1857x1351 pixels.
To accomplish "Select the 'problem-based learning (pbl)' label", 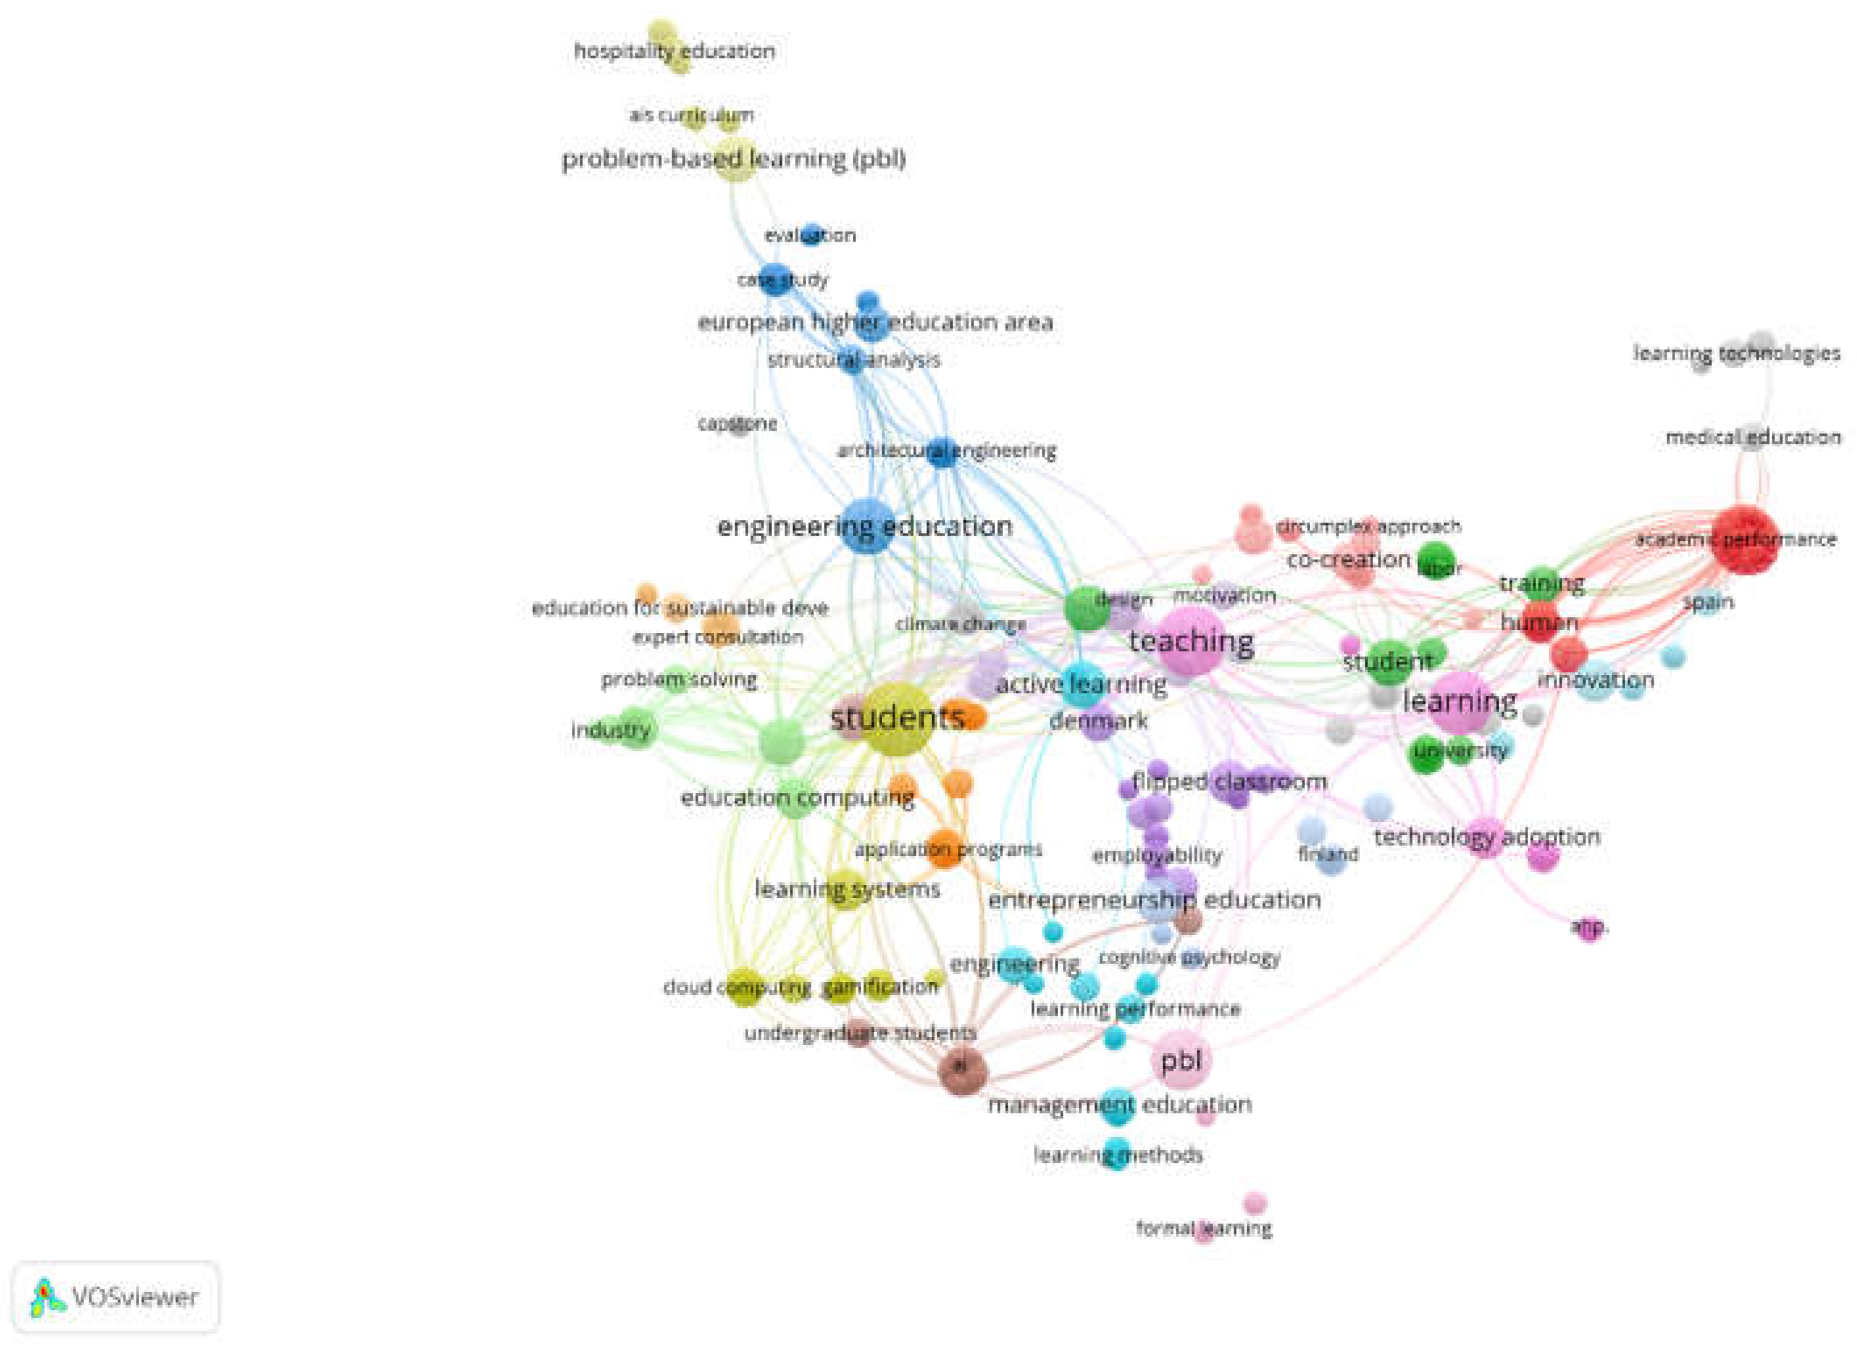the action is click(x=734, y=159).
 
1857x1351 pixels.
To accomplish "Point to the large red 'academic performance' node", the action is click(x=1745, y=540).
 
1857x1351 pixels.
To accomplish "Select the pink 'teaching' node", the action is click(x=1189, y=642).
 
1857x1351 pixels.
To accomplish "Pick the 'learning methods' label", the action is click(x=1118, y=1155).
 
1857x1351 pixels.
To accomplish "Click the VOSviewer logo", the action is click(x=116, y=1296).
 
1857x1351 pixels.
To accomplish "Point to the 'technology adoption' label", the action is click(x=1487, y=837).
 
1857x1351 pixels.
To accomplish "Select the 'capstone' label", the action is click(x=738, y=424).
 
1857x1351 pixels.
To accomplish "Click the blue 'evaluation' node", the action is click(x=811, y=235).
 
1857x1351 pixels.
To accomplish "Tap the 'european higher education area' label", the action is click(x=874, y=322).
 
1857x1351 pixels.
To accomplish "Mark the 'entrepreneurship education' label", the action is click(x=1155, y=901).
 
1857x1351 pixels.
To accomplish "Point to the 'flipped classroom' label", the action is click(x=1229, y=782).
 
